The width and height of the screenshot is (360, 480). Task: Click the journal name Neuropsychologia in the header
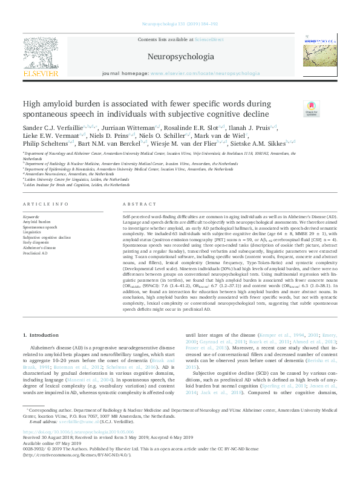[180, 57]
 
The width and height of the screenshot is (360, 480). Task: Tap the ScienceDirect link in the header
[209, 39]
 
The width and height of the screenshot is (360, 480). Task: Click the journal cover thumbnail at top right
[319, 55]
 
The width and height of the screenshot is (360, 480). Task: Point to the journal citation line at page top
[180, 24]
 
